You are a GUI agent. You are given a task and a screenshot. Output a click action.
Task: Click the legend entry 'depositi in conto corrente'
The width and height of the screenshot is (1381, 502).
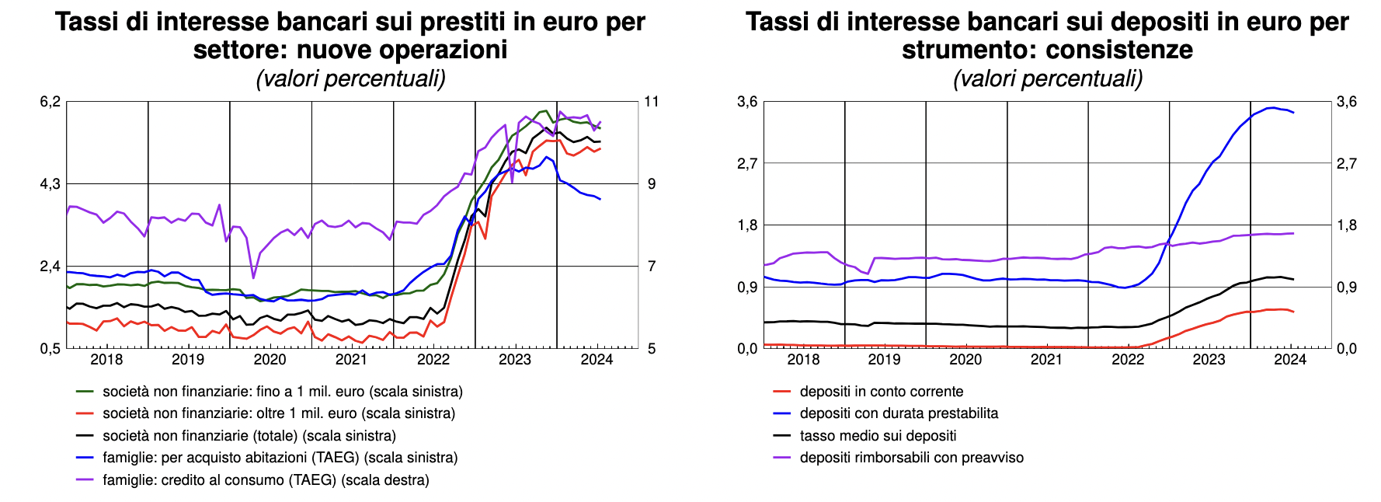pyautogui.click(x=881, y=392)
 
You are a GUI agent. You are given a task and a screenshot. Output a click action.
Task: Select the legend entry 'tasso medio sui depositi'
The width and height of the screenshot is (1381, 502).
pyautogui.click(x=878, y=436)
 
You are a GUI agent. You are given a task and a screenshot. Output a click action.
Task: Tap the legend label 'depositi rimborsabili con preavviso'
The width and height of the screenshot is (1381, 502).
pyautogui.click(x=911, y=458)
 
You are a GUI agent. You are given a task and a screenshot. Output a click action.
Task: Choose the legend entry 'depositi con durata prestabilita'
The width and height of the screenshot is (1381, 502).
pyautogui.click(x=899, y=413)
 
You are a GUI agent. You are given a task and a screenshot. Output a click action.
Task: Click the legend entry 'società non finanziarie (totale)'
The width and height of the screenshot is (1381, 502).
pyautogui.click(x=249, y=436)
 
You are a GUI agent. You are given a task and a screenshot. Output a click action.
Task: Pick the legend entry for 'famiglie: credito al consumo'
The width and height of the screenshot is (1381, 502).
pyautogui.click(x=265, y=480)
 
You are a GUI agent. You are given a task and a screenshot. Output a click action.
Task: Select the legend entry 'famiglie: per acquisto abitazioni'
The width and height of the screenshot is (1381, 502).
pyautogui.click(x=280, y=458)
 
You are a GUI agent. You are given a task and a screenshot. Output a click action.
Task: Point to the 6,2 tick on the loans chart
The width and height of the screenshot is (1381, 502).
pyautogui.click(x=50, y=102)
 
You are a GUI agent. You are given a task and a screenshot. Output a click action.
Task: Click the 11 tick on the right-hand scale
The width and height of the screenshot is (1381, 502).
pyautogui.click(x=651, y=102)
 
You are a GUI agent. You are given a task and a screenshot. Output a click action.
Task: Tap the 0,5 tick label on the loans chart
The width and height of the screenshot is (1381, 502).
pyautogui.click(x=50, y=348)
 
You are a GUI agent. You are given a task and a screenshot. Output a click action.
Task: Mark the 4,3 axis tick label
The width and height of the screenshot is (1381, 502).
pyautogui.click(x=50, y=184)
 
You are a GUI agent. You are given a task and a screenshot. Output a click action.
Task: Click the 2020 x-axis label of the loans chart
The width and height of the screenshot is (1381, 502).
pyautogui.click(x=270, y=359)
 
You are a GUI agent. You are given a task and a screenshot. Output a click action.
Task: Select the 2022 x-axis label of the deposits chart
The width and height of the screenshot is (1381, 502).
pyautogui.click(x=1128, y=359)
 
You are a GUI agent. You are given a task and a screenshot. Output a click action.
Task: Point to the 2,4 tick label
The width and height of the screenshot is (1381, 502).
pyautogui.click(x=50, y=267)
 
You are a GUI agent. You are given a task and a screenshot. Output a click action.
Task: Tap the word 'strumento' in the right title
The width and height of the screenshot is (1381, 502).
pyautogui.click(x=971, y=50)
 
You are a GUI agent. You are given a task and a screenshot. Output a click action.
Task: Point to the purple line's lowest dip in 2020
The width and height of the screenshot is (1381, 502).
pyautogui.click(x=253, y=277)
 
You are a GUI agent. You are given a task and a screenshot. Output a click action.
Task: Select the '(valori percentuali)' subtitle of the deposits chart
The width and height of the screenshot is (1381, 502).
pyautogui.click(x=1048, y=78)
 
